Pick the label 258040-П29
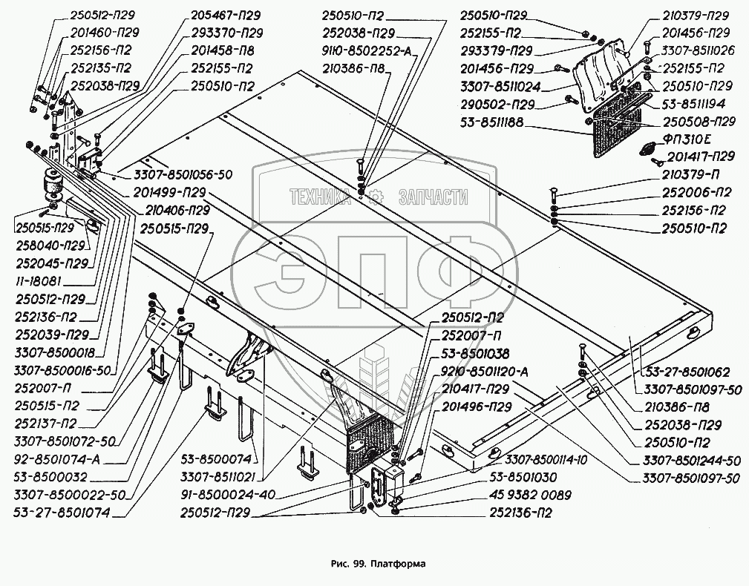pyautogui.click(x=50, y=245)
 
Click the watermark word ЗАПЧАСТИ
pyautogui.click(x=434, y=197)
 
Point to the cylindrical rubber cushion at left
pyautogui.click(x=53, y=186)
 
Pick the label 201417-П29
pyautogui.click(x=701, y=156)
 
